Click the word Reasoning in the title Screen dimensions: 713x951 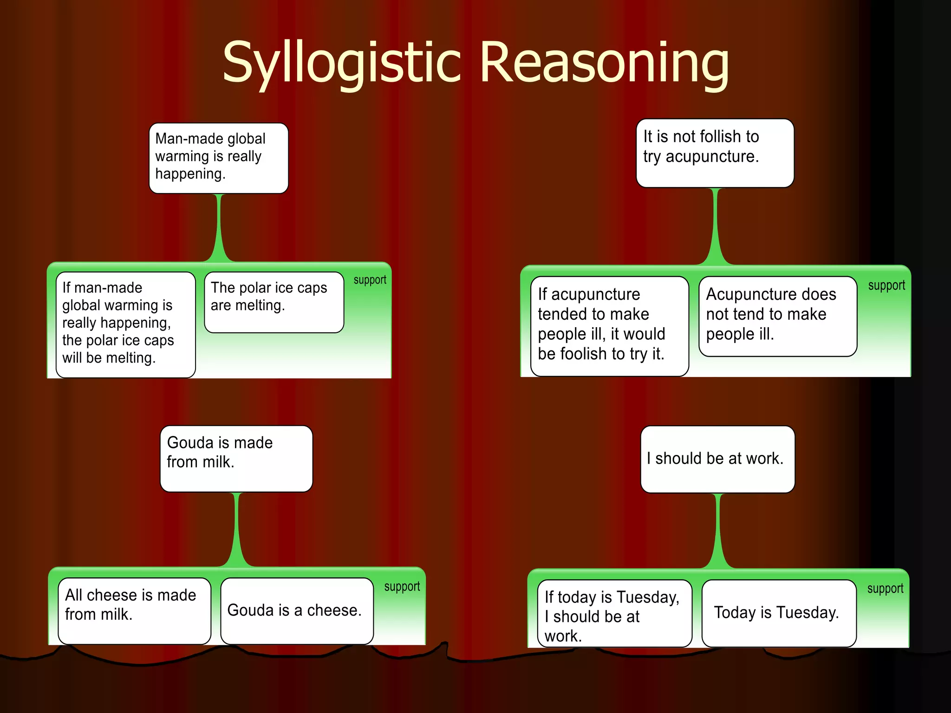(x=604, y=63)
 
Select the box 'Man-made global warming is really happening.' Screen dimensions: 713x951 (x=219, y=158)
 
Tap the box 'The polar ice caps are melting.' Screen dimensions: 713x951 (x=274, y=302)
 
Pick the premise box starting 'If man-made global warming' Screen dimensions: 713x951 (x=125, y=324)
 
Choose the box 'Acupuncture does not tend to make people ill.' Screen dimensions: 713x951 (x=778, y=316)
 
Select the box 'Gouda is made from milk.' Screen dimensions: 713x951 (x=236, y=459)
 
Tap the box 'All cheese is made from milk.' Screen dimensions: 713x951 (x=134, y=610)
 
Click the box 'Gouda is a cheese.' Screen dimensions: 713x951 (x=297, y=610)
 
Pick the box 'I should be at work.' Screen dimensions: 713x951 (x=717, y=459)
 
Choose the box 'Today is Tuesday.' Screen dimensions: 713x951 (x=779, y=613)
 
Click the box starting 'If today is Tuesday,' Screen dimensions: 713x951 (x=614, y=613)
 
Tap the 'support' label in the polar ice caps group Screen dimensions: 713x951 (x=370, y=280)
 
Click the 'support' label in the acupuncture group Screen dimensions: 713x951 (x=886, y=285)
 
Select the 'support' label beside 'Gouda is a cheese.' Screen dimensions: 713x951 (x=402, y=587)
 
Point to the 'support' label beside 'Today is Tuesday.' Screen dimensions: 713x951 (x=885, y=589)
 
